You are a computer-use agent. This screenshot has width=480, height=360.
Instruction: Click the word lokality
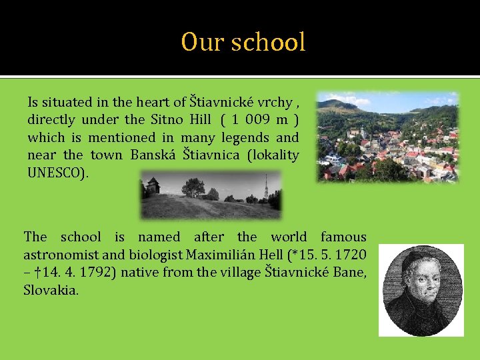pyautogui.click(x=273, y=155)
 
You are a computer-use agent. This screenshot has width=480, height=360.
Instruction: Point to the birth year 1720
pyautogui.click(x=351, y=255)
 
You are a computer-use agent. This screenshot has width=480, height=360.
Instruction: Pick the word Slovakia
pyautogui.click(x=51, y=290)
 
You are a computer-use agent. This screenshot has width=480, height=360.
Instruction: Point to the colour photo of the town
pyautogui.click(x=387, y=137)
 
